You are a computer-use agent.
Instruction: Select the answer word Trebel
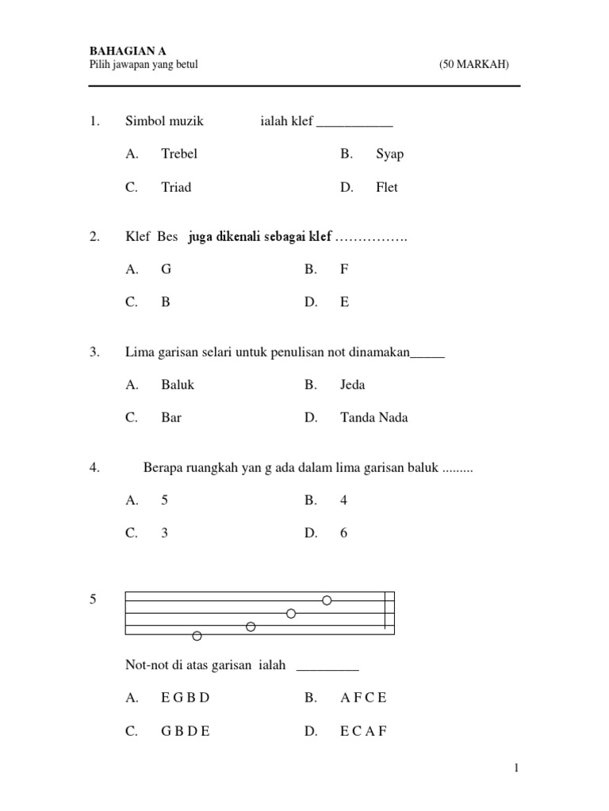(x=178, y=154)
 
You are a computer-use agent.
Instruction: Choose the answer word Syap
(x=389, y=154)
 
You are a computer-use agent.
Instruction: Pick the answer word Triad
(x=176, y=188)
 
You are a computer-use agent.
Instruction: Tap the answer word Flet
(x=387, y=188)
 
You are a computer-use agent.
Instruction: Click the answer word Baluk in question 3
(x=178, y=385)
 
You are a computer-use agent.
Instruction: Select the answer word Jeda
(x=352, y=385)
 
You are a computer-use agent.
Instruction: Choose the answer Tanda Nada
(x=374, y=417)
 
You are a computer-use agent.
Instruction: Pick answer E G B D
(x=185, y=698)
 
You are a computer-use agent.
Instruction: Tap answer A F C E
(x=363, y=698)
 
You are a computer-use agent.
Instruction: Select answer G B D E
(x=185, y=732)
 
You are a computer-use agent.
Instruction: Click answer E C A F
(x=363, y=732)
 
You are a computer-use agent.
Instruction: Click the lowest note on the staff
(x=197, y=635)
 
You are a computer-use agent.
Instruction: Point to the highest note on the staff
(x=327, y=600)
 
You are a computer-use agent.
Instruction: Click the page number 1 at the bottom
(x=515, y=767)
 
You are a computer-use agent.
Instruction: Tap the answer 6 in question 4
(x=344, y=533)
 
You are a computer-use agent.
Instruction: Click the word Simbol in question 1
(x=144, y=121)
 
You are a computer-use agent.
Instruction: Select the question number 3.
(x=94, y=352)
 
